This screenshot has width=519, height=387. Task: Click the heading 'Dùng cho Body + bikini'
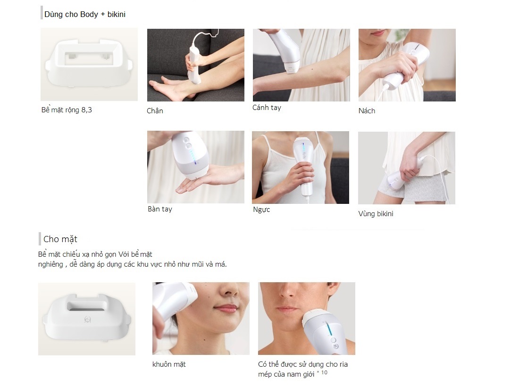[x=85, y=14]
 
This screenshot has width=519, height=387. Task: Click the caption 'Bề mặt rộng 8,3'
[x=67, y=110]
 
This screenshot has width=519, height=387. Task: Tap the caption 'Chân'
[x=155, y=110]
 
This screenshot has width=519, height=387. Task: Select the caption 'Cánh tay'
[x=267, y=108]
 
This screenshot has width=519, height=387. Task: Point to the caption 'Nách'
[x=367, y=110]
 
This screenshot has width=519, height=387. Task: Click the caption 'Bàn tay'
[x=160, y=209]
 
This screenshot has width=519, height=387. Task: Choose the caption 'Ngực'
[x=261, y=210]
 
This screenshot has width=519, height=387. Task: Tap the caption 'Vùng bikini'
[x=376, y=213]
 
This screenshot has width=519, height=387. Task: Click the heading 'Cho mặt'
[x=60, y=239]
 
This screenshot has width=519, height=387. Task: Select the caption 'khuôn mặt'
[x=169, y=364]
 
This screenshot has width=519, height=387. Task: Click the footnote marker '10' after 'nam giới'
[x=324, y=372]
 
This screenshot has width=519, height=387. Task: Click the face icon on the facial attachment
[x=88, y=320]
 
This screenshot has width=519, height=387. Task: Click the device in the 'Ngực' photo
[x=304, y=166]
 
